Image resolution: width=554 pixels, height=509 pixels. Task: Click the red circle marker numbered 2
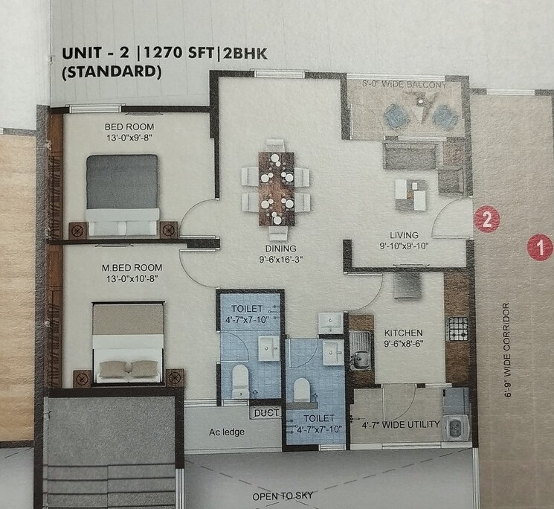pos(486,220)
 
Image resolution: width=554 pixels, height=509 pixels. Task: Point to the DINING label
pos(279,249)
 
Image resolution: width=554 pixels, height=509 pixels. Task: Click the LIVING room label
pos(404,234)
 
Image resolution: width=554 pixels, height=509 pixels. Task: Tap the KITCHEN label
pos(403,333)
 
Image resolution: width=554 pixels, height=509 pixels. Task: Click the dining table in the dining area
pos(275,188)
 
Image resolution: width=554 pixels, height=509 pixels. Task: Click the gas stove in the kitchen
pos(454,328)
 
